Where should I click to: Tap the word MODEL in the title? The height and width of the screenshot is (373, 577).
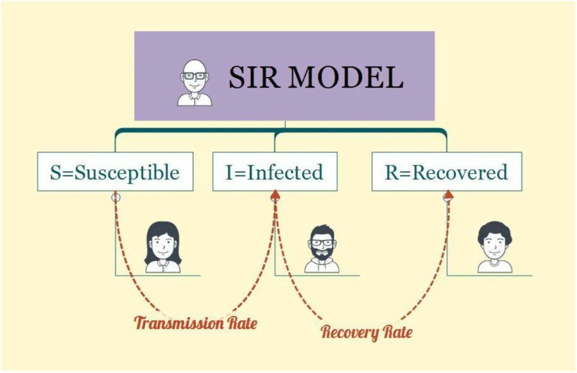click(x=346, y=78)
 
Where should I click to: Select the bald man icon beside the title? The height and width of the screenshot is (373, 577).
click(x=194, y=83)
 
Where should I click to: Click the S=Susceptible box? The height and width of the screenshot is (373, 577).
click(x=115, y=172)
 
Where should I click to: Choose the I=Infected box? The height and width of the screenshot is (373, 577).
click(x=275, y=172)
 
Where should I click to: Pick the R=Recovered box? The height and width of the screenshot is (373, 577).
click(x=446, y=172)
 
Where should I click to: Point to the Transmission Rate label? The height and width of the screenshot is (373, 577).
click(x=196, y=323)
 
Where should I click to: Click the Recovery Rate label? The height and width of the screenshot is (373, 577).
click(x=366, y=333)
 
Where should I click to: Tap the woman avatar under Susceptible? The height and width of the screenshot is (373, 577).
click(x=163, y=248)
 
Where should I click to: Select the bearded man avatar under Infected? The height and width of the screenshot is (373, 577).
click(x=322, y=249)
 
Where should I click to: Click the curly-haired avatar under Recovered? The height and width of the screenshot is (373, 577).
click(x=495, y=248)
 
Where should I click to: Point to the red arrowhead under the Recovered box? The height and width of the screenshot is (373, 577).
click(x=448, y=195)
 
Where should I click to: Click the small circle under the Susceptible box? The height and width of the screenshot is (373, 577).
click(x=116, y=197)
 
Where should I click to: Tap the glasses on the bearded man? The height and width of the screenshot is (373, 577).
click(x=322, y=243)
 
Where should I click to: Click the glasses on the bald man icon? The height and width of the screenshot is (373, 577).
click(x=194, y=76)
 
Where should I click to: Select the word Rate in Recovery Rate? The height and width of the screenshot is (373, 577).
click(x=398, y=333)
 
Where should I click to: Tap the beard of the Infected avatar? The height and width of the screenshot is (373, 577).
click(x=322, y=253)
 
